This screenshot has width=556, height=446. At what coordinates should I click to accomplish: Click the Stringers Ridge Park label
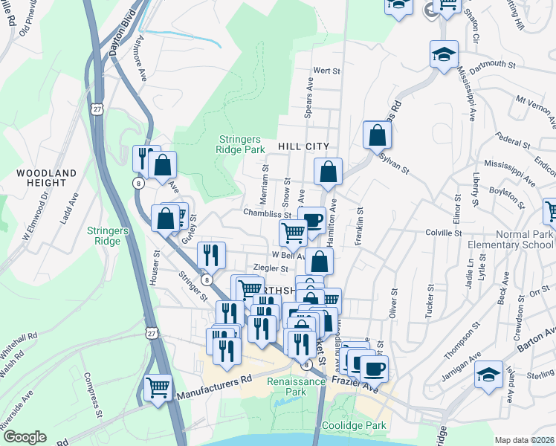(x=241, y=144)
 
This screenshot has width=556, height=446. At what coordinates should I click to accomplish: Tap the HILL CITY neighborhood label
(x=303, y=147)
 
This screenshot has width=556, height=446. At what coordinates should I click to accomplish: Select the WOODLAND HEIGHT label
(x=46, y=178)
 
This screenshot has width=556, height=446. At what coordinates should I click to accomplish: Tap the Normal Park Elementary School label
(x=511, y=239)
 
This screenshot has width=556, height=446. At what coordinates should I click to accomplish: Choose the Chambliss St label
(x=265, y=213)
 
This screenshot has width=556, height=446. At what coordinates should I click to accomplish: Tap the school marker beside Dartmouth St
(x=444, y=55)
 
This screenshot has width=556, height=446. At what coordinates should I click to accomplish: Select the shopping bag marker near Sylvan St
(x=378, y=135)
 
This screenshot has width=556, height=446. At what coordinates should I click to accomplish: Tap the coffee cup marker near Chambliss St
(x=312, y=220)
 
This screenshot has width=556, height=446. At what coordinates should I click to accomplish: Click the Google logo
(x=24, y=437)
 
